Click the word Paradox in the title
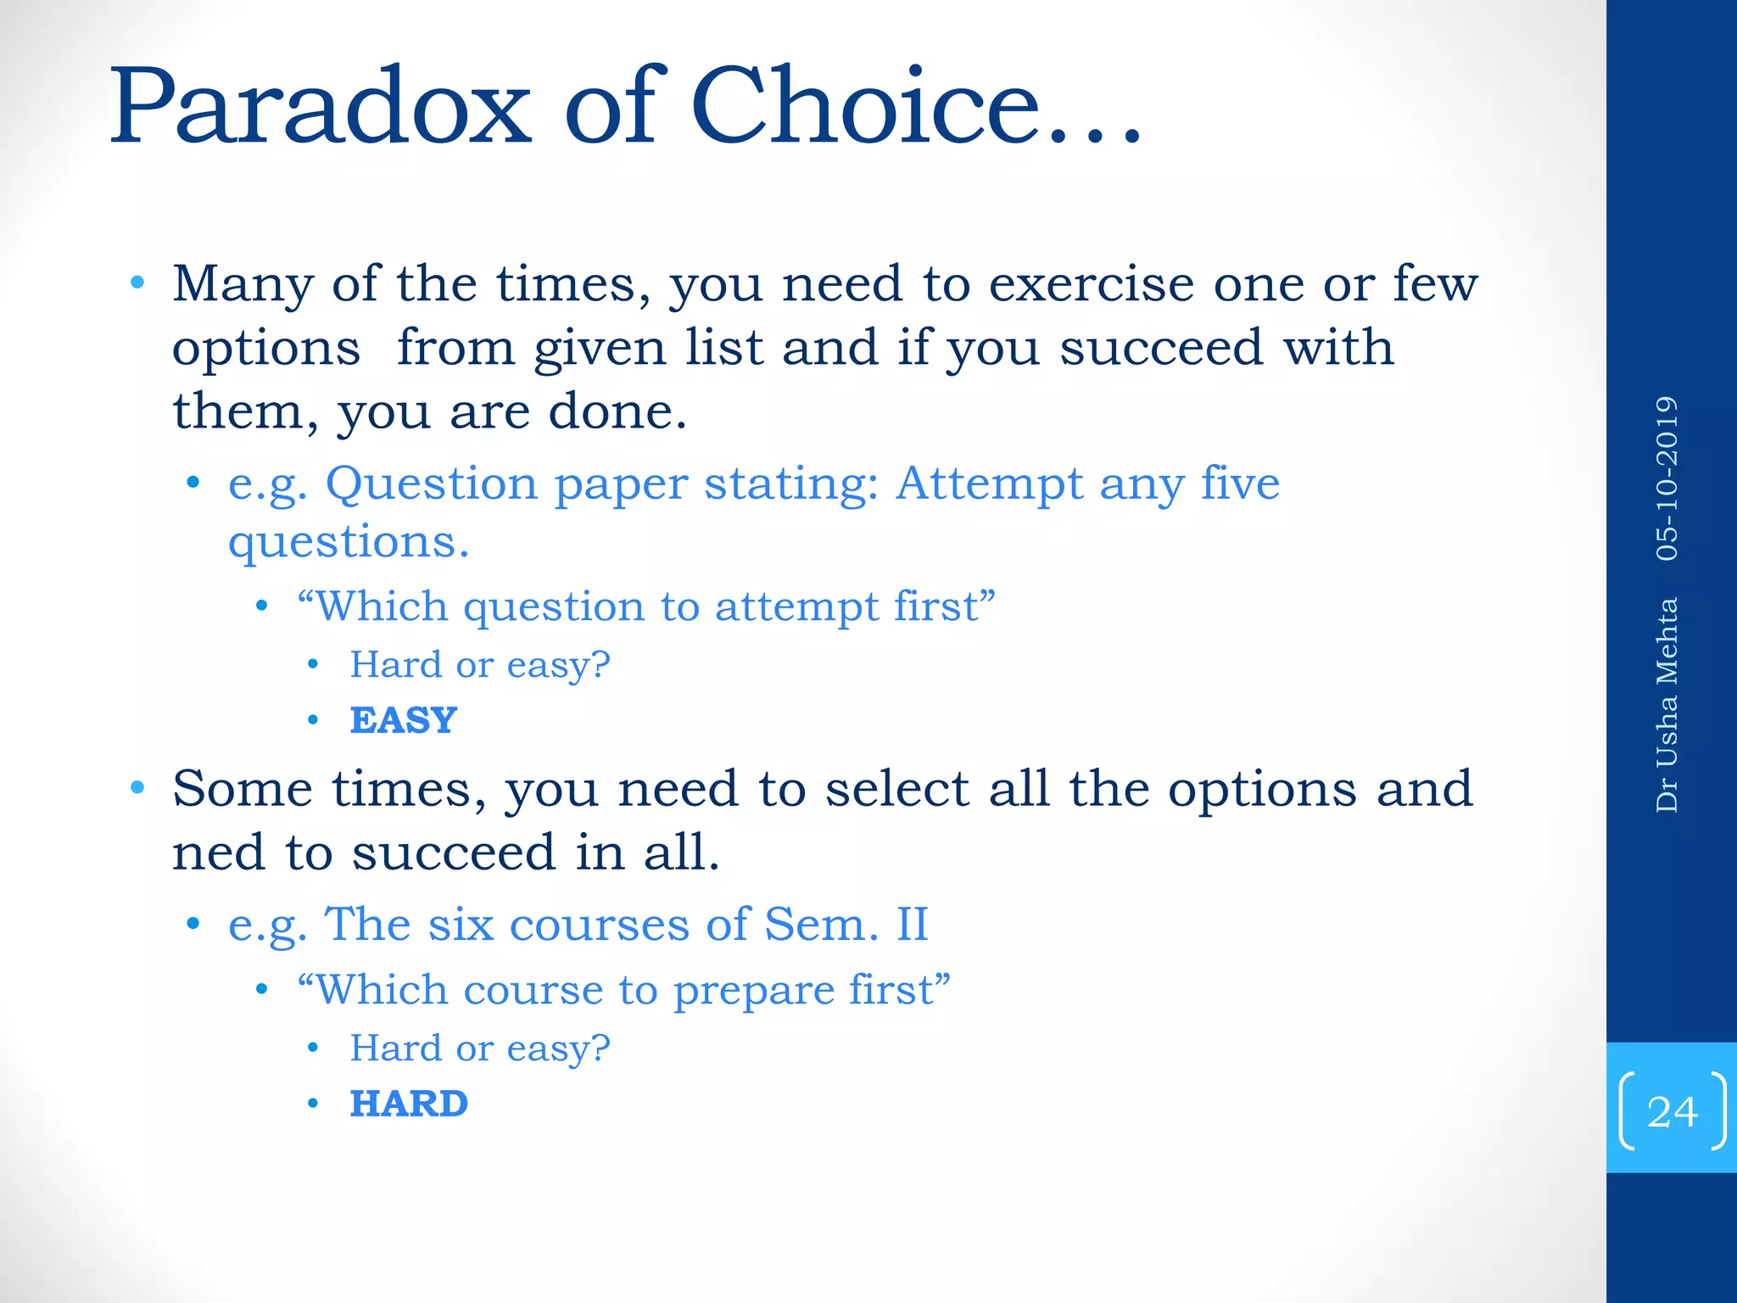coord(321,108)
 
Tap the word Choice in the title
coord(865,108)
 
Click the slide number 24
coord(1672,1111)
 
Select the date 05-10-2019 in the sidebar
coord(1667,478)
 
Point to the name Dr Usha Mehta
coord(1667,705)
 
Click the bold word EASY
coord(404,721)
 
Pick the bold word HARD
coord(409,1104)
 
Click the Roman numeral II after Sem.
coord(913,924)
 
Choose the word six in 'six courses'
coord(461,924)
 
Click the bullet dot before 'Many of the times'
coord(138,282)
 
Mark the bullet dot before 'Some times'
coord(138,788)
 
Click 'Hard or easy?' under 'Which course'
coord(480,1049)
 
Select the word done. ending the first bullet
coord(617,412)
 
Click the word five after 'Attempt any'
coord(1240,484)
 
